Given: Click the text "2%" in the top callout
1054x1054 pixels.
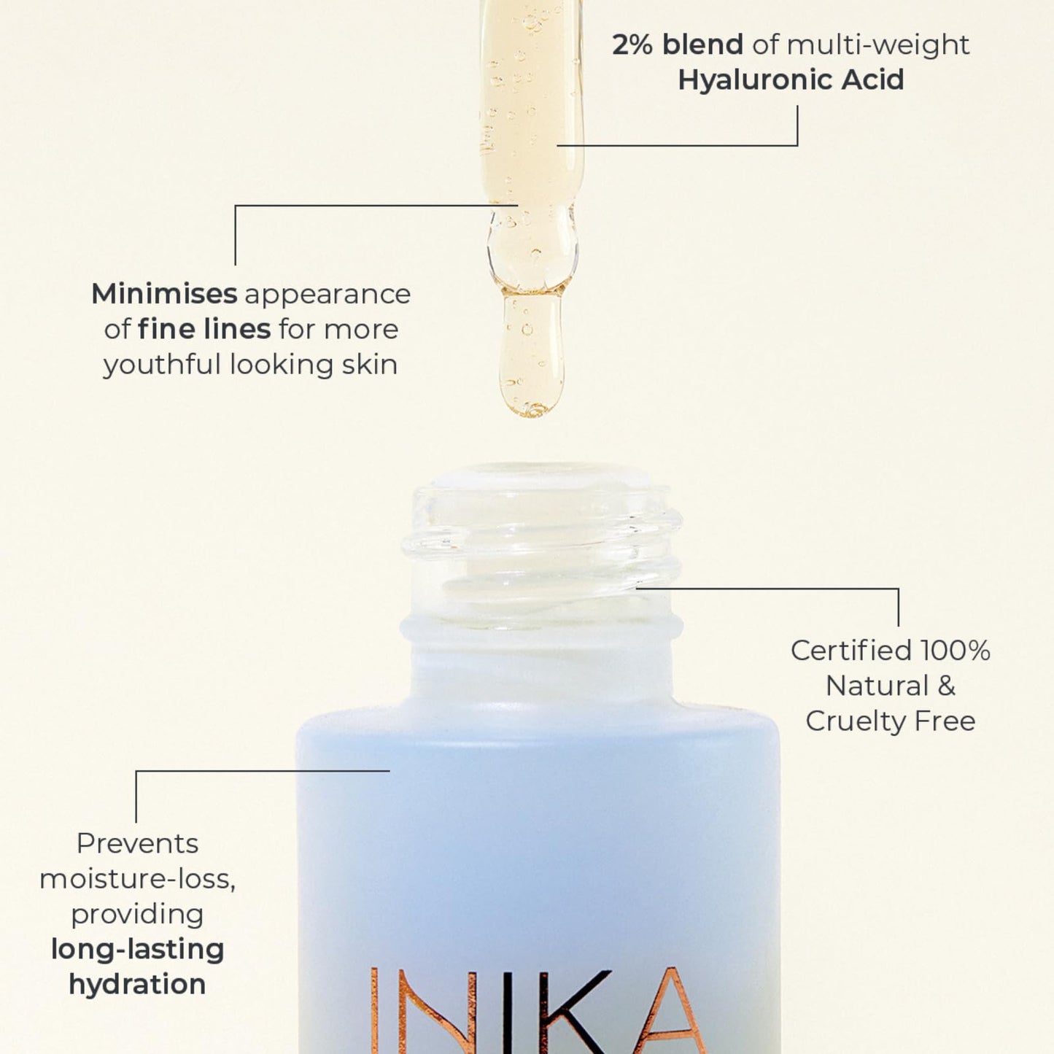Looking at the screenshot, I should pos(632,45).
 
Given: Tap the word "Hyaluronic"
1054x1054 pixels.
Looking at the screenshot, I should pos(755,80).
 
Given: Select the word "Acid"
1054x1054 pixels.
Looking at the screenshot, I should pos(872,80).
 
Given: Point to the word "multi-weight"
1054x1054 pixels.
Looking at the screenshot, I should pos(878,45).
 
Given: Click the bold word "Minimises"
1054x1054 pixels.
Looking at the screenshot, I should pos(164,294).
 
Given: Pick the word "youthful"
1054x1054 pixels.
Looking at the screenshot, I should pos(162,365).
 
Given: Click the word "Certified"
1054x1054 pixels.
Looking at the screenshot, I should pos(850,651).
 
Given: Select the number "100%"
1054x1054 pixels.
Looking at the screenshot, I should pos(955,651).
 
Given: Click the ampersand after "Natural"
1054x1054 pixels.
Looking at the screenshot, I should pos(946,686).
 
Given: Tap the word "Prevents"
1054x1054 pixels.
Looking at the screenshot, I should pos(137,844).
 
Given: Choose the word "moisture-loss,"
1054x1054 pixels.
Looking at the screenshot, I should pos(137,879).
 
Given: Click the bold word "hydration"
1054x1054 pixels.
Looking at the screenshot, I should pos(137,985).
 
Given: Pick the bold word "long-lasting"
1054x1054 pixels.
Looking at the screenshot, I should pos(137,950).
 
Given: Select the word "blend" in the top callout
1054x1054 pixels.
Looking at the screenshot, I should pos(702,45).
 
